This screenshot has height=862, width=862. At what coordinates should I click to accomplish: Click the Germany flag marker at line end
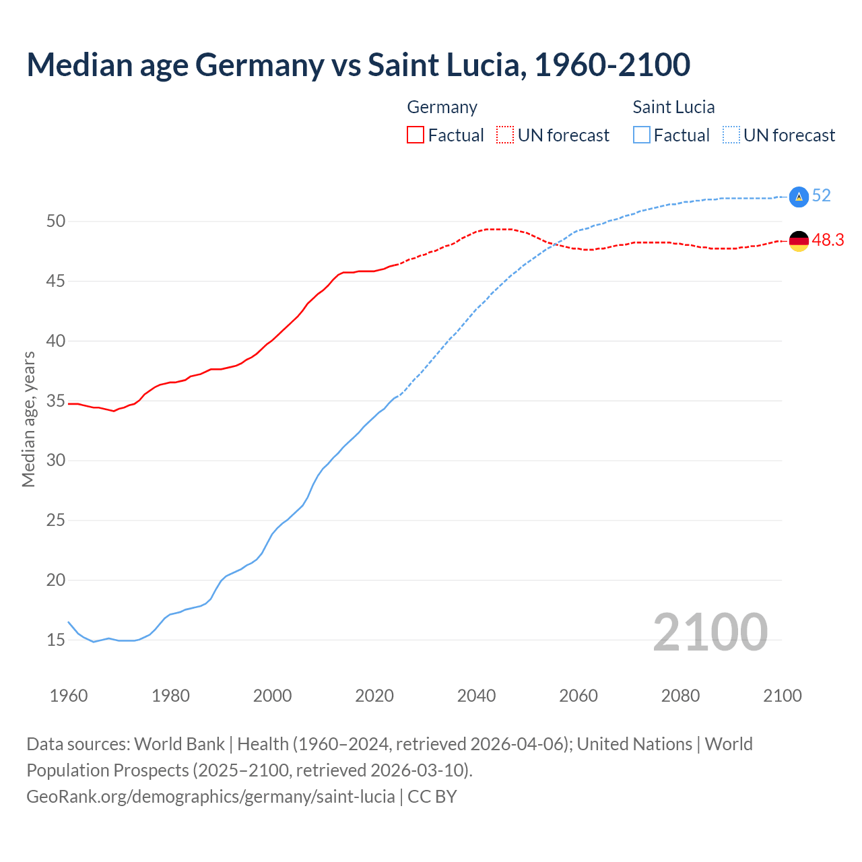click(x=799, y=240)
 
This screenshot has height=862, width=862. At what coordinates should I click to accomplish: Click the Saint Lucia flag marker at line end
click(x=799, y=196)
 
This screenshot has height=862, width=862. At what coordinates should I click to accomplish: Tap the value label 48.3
click(x=828, y=240)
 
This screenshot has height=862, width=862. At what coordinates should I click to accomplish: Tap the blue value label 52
click(x=821, y=196)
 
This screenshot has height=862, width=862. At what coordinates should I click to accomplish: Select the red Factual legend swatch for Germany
click(x=416, y=135)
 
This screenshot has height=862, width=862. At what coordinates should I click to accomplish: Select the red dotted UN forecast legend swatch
click(x=505, y=135)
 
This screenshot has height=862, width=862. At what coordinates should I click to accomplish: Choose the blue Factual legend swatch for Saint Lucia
click(x=642, y=135)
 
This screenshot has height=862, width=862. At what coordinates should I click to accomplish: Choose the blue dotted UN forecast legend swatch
click(x=731, y=135)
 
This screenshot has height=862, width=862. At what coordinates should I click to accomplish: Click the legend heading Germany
click(x=442, y=107)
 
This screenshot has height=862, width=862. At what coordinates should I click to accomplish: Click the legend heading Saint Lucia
click(x=673, y=107)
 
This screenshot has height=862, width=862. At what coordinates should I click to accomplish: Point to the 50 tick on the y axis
click(x=56, y=221)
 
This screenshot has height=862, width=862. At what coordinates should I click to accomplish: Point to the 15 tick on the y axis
click(x=56, y=640)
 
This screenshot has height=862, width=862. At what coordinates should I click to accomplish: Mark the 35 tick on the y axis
click(x=56, y=401)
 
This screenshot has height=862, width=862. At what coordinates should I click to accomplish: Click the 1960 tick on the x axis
click(x=69, y=696)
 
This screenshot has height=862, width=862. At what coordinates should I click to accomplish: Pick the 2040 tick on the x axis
click(x=476, y=696)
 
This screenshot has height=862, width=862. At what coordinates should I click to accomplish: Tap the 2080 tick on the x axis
click(x=680, y=696)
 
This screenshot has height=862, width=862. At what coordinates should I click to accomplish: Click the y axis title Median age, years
click(x=28, y=419)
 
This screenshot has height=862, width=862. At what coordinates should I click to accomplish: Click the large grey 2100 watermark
click(x=710, y=632)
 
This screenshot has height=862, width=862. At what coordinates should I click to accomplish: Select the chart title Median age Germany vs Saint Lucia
click(x=358, y=65)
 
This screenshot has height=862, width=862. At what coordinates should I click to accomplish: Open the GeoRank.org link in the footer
click(x=210, y=797)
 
